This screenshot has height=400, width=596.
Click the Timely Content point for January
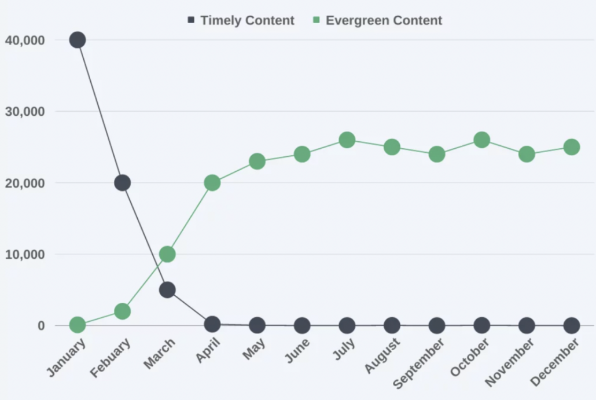[78, 40]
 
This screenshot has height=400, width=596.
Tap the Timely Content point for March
[167, 289]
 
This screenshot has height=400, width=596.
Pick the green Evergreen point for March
[167, 254]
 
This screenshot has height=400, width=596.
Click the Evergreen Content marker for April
[212, 183]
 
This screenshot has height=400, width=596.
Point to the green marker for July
[347, 140]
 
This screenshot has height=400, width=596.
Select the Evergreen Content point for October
[481, 140]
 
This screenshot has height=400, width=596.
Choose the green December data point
[572, 147]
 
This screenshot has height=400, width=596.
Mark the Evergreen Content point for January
[78, 325]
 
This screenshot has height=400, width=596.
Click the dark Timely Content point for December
[572, 325]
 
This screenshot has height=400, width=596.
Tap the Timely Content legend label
[247, 20]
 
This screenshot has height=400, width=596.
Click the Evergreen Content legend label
[384, 20]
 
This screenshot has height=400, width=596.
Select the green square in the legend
[315, 20]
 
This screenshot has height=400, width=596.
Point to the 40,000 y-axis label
[24, 40]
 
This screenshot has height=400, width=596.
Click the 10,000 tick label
[24, 254]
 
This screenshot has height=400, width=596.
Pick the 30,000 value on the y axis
[24, 111]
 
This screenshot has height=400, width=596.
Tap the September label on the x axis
[420, 363]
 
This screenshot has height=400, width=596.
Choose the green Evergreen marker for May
[257, 162]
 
